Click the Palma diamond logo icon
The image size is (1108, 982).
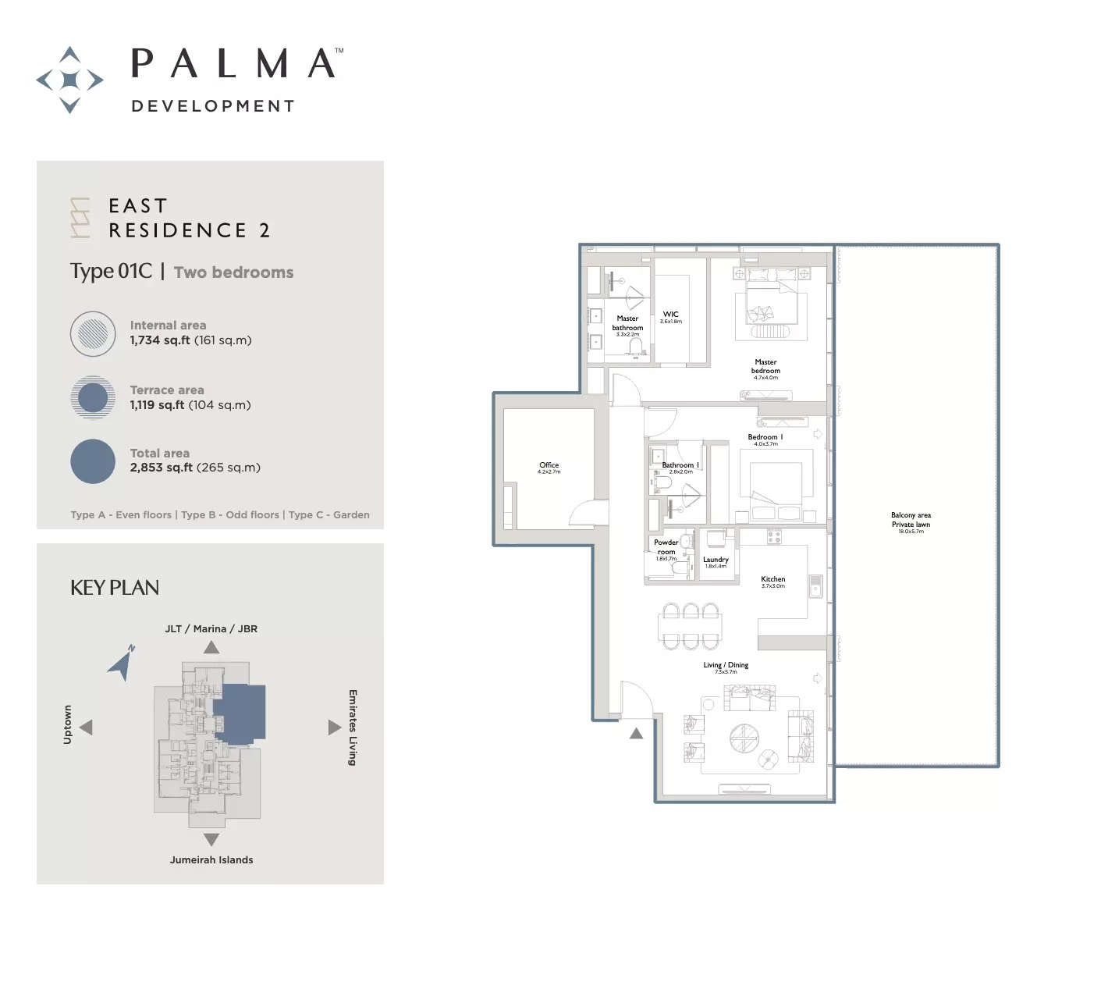tap(70, 80)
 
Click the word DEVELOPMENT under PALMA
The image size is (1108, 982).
tap(213, 106)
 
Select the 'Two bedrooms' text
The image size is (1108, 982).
tap(233, 272)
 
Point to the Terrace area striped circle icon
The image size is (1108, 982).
tap(93, 397)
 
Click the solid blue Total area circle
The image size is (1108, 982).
tap(93, 461)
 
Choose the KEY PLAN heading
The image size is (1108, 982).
tap(115, 588)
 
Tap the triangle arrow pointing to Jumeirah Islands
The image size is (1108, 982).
tap(211, 839)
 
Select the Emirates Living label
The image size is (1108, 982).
tap(353, 728)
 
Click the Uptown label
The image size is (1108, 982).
tap(68, 724)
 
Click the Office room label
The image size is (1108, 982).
tap(549, 466)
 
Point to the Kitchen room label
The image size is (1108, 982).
tap(772, 580)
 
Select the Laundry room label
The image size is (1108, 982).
tap(716, 560)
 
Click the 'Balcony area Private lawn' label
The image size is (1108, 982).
tap(911, 520)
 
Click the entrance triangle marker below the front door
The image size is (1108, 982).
tap(636, 733)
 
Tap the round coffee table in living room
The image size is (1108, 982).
tap(744, 738)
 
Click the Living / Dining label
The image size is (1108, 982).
tap(726, 666)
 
